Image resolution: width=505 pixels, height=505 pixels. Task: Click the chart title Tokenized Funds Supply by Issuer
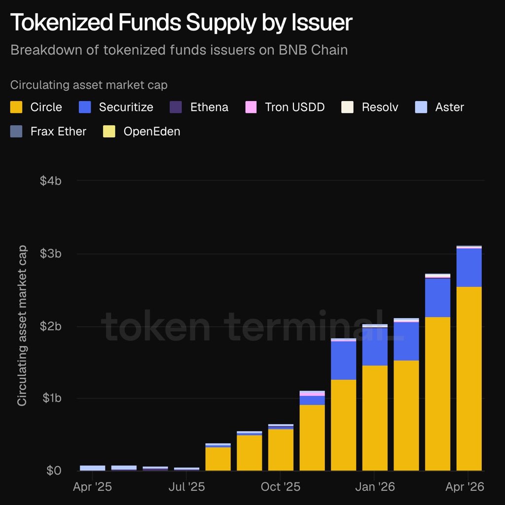tap(181, 23)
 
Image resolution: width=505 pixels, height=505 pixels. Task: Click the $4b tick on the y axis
tap(51, 180)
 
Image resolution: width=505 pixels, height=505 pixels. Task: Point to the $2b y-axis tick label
tap(51, 326)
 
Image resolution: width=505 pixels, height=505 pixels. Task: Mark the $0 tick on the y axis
tap(54, 470)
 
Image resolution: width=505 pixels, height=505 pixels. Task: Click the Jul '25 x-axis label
tap(187, 487)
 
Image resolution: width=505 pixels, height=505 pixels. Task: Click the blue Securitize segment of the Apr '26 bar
tap(469, 267)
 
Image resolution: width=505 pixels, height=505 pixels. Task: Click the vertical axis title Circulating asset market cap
tap(22, 326)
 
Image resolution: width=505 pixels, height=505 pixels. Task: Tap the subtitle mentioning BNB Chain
tap(179, 50)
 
